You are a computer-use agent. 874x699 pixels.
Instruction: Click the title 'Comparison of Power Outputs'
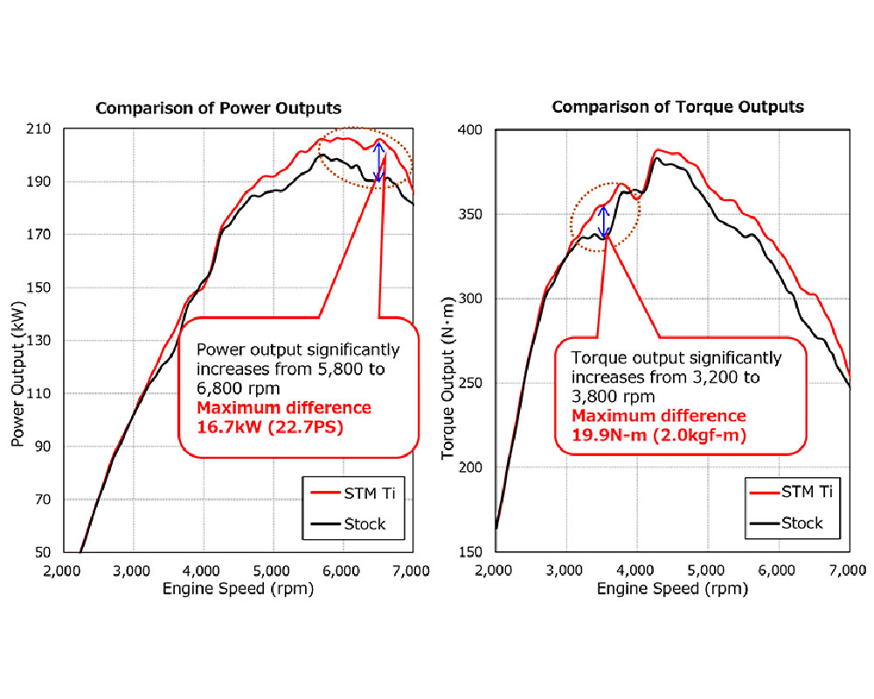[x=218, y=108]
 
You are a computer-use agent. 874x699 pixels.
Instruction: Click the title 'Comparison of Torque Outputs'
[x=677, y=107]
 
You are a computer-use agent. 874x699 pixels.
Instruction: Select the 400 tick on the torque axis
[x=473, y=130]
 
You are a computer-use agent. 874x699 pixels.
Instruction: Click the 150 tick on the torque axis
[x=473, y=552]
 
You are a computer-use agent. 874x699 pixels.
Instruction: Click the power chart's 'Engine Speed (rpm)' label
[x=238, y=589]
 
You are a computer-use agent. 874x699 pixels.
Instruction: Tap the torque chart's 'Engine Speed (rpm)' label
[x=672, y=589]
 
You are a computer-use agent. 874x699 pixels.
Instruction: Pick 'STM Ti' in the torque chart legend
[x=798, y=492]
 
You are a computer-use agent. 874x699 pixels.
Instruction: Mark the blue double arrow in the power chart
[x=378, y=161]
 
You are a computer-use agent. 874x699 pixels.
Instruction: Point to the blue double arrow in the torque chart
[x=603, y=222]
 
